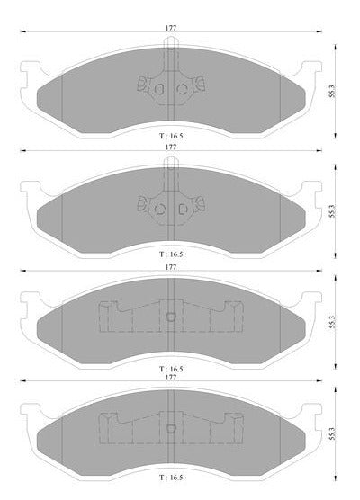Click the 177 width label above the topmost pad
point(171,28)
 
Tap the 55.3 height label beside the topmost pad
point(333,91)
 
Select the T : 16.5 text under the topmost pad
point(171,136)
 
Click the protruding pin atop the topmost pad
point(171,43)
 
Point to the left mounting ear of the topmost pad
point(30,71)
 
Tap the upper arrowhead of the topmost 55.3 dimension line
point(335,47)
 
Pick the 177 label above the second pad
point(171,147)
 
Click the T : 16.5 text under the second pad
point(171,254)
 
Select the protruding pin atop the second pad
point(171,162)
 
